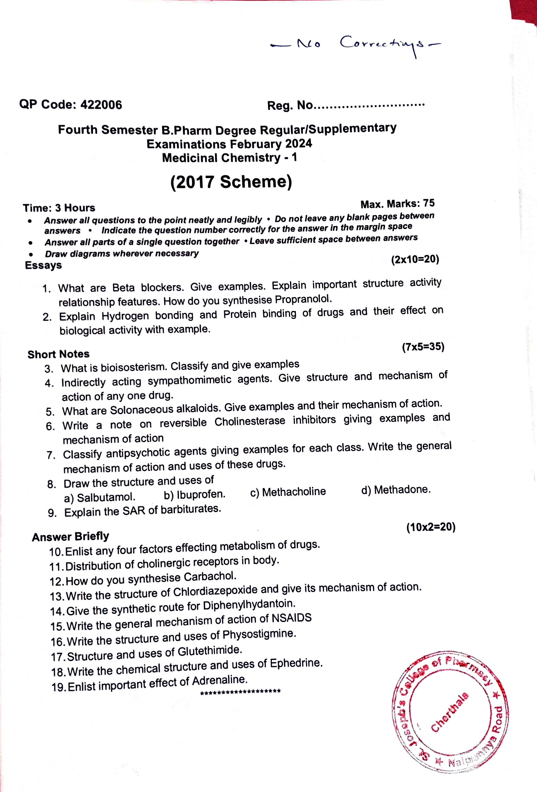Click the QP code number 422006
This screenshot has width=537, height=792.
(x=101, y=105)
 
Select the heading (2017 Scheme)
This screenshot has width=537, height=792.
(x=231, y=182)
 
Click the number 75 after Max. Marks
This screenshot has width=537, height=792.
(x=429, y=203)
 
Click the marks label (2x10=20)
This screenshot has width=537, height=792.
(x=415, y=259)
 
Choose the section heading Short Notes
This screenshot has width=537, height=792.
(x=58, y=354)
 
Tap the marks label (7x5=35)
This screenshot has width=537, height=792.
(x=423, y=347)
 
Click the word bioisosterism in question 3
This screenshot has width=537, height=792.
(x=134, y=367)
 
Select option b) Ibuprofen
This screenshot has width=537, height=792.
(x=195, y=495)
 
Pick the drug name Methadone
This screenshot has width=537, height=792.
(x=402, y=490)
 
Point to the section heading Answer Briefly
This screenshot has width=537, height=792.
(x=70, y=536)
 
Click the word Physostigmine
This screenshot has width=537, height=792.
(x=259, y=634)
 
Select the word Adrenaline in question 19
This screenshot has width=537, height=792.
(x=220, y=680)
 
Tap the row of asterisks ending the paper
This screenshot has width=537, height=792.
(x=240, y=692)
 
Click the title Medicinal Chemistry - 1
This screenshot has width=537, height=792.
(x=230, y=158)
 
